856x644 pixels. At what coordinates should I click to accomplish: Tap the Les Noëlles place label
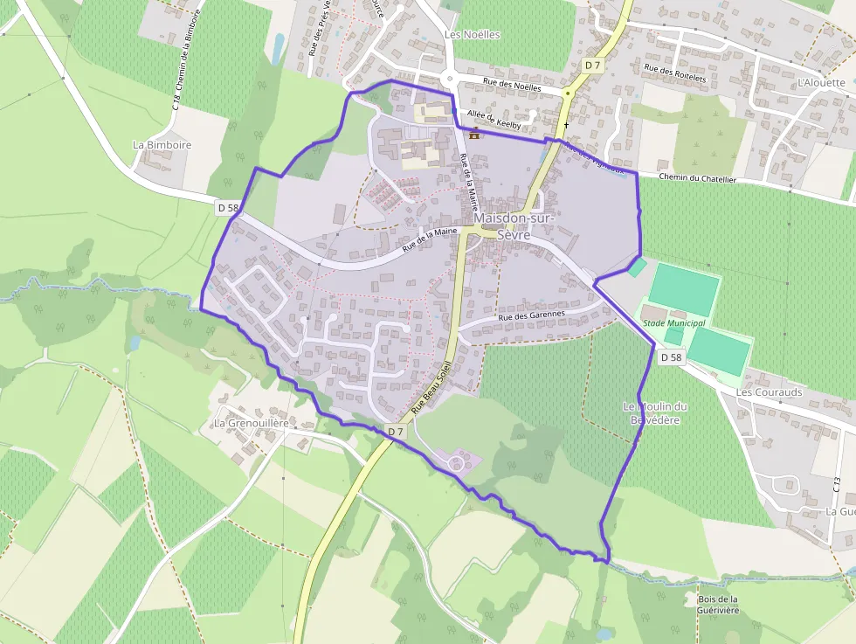click(473, 35)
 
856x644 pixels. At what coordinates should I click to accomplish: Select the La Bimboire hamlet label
click(162, 145)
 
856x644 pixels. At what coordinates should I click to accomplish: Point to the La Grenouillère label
click(252, 423)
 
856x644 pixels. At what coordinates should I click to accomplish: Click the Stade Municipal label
click(673, 323)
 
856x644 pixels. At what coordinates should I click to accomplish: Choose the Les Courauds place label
click(769, 393)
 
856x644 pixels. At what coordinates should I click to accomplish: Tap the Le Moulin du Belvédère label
click(655, 412)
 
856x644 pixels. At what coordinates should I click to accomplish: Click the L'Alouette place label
click(821, 83)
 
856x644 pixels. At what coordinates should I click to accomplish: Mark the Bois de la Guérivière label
click(718, 604)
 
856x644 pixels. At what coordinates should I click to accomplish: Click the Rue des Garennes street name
click(532, 315)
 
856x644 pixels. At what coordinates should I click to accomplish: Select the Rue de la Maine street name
click(430, 240)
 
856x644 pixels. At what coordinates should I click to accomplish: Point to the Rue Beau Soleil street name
click(434, 384)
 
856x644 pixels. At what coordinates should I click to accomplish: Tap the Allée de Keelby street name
click(494, 121)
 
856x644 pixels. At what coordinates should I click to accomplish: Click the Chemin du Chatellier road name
click(698, 178)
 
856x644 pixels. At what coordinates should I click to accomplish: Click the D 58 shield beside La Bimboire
click(227, 207)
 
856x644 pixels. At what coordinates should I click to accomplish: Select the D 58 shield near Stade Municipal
click(670, 357)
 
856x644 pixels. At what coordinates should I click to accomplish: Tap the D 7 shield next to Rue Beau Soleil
click(396, 431)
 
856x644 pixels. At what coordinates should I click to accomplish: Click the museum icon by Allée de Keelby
click(474, 135)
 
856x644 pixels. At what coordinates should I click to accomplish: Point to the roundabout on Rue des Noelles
click(450, 79)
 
